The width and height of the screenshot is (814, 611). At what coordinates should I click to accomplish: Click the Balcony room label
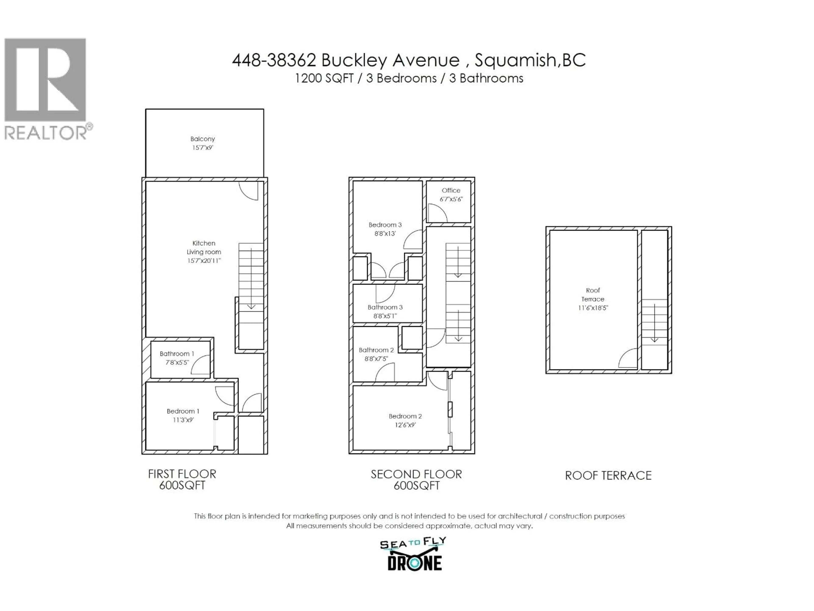pos(202,139)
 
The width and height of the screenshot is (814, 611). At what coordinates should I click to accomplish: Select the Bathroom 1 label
pos(177,354)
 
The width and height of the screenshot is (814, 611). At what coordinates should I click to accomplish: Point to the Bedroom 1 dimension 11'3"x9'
pos(183,420)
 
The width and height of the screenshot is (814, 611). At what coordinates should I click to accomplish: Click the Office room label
pos(451,191)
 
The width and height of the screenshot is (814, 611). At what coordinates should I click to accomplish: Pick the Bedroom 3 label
pos(385,225)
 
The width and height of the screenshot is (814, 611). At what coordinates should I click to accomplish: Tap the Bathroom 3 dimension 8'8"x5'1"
pos(385,316)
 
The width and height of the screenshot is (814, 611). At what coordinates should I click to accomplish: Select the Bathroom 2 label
pos(376,350)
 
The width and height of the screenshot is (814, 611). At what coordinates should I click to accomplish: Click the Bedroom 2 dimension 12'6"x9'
pos(405,425)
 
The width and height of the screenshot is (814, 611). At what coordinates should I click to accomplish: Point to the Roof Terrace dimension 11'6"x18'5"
pos(593,308)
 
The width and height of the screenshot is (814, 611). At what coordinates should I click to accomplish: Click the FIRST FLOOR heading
pos(182,474)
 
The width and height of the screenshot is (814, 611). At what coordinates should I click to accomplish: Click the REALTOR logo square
pos(45,80)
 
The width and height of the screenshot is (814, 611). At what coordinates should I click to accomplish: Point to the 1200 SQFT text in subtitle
pos(324,78)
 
